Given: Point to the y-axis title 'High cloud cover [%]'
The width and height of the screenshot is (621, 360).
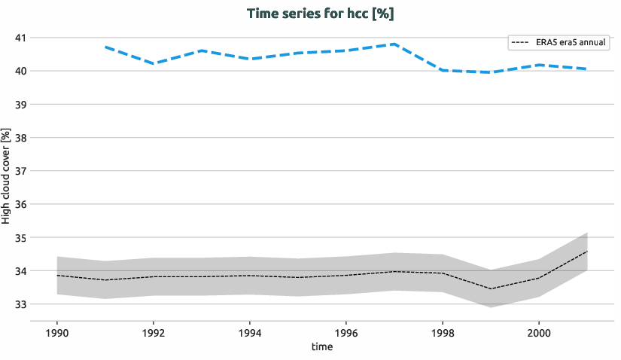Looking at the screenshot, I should (7, 175).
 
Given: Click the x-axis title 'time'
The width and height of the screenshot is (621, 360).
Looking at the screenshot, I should (321, 347).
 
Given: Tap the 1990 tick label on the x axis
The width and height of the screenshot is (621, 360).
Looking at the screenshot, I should (57, 332).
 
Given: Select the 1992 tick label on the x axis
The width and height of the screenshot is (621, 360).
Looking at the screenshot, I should (154, 332).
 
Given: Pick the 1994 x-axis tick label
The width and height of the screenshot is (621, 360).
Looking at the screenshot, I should (250, 332).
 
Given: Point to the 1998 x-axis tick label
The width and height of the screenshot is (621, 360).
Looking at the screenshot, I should (443, 332).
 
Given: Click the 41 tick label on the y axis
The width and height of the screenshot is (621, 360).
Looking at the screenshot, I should (20, 38).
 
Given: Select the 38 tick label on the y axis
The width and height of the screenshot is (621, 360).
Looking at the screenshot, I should (20, 138).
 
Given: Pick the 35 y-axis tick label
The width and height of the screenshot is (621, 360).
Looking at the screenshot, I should (20, 238).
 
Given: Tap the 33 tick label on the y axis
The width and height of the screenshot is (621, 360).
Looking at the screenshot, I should (20, 304).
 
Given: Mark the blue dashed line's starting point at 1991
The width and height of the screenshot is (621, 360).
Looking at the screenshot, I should (105, 47).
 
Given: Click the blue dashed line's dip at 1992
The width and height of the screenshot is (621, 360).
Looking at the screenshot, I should (154, 63).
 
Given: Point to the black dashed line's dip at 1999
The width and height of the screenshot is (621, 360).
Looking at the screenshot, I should (491, 288).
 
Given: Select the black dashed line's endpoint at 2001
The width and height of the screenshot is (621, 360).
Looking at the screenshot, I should (587, 252).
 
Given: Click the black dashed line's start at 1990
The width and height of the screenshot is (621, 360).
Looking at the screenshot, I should (57, 276).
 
